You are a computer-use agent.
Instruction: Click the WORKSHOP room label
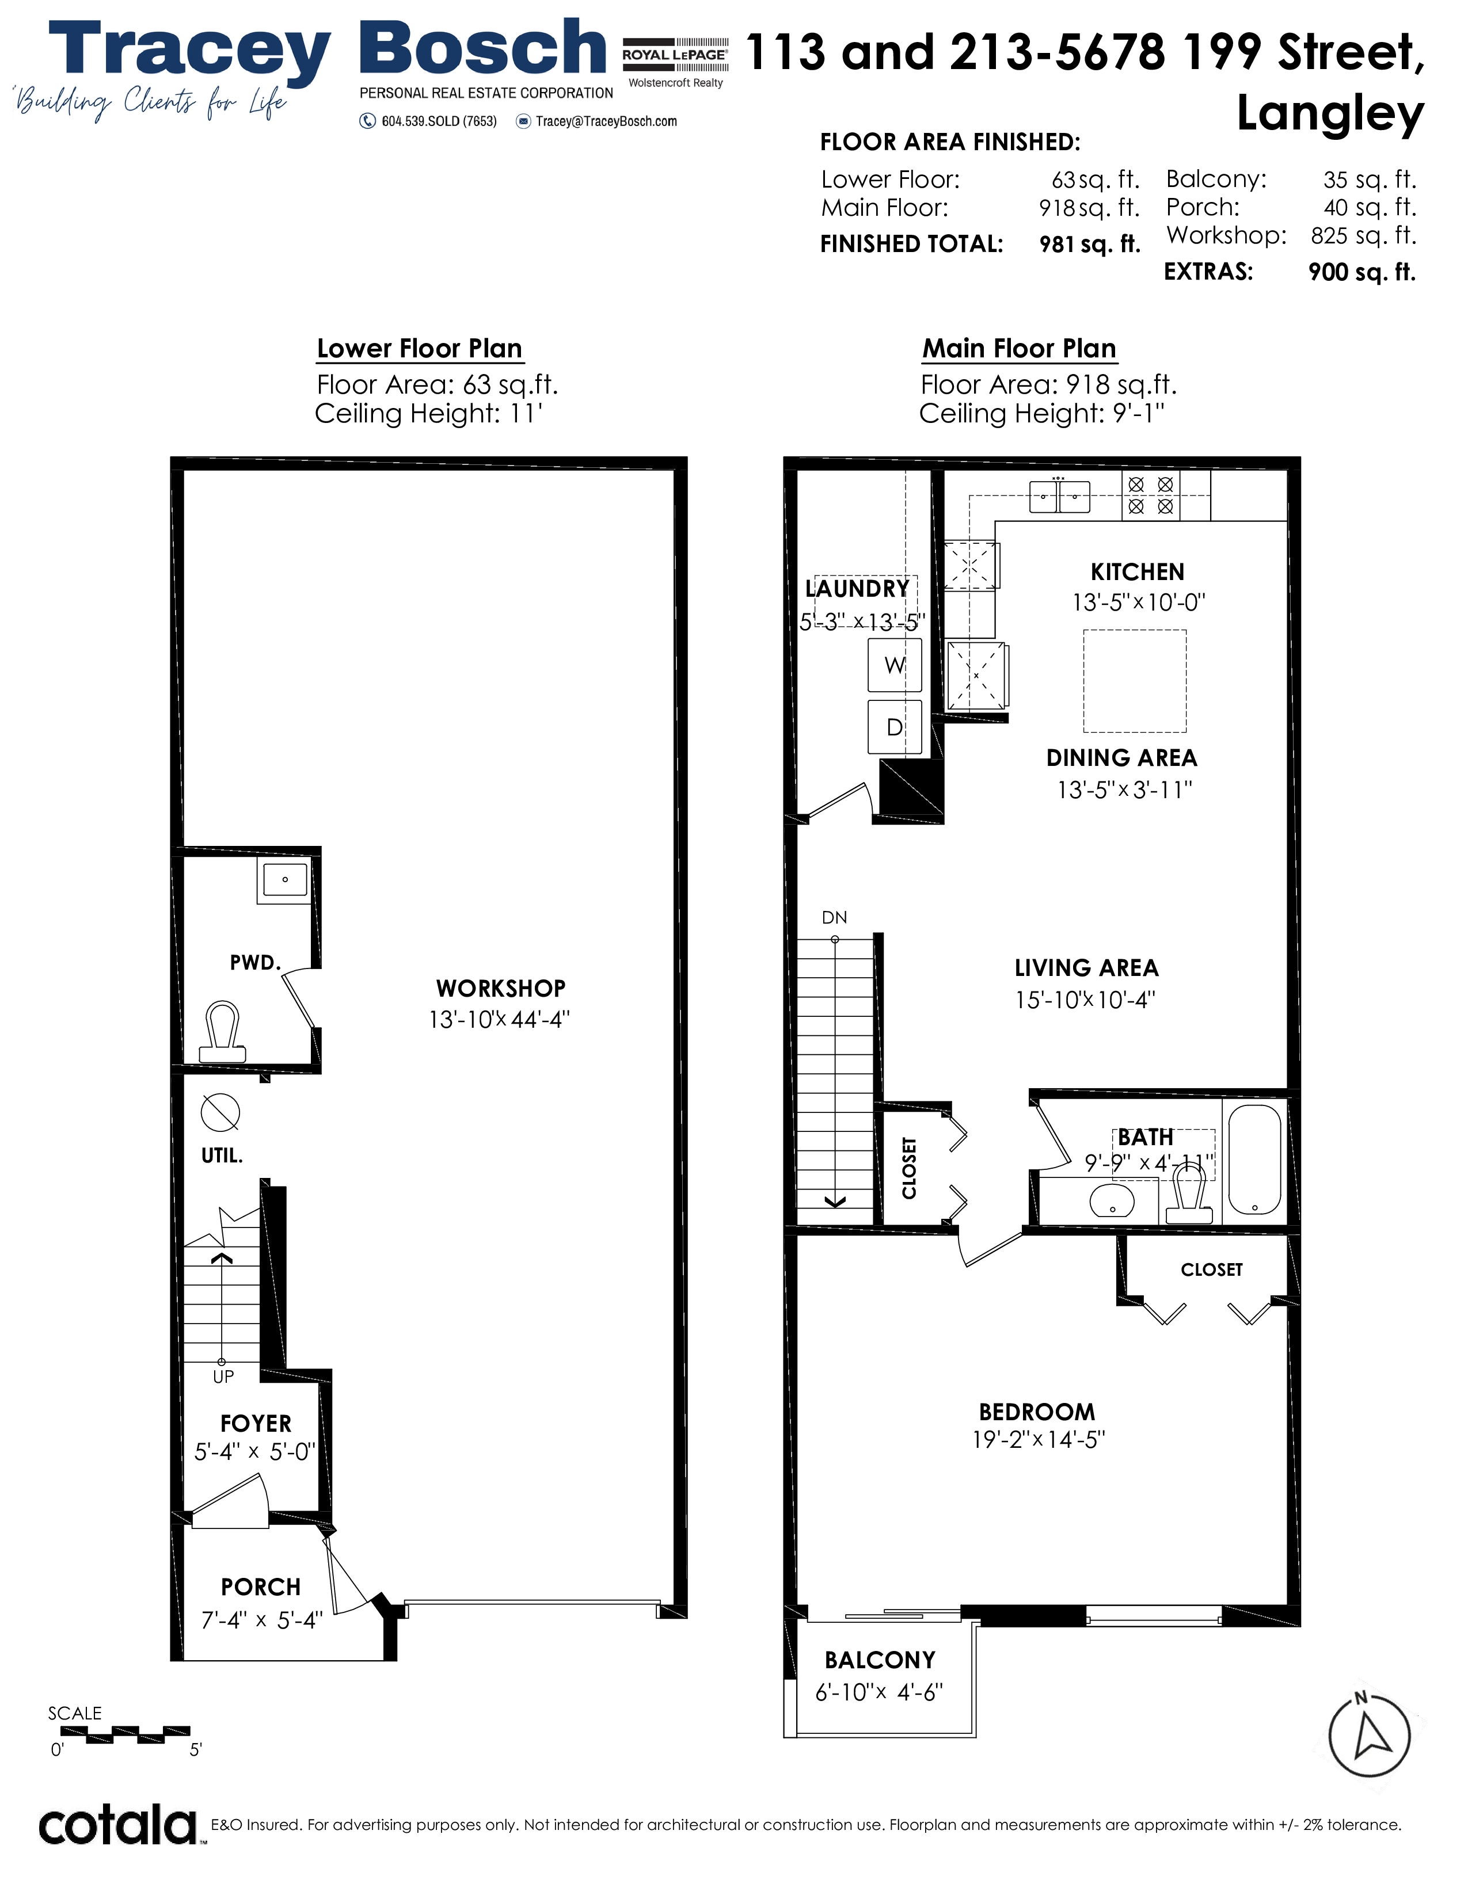tap(501, 989)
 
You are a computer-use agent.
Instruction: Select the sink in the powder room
tap(284, 880)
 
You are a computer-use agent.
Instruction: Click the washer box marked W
tap(894, 665)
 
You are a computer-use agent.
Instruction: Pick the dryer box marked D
tap(894, 727)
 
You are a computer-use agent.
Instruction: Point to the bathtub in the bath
tap(1254, 1159)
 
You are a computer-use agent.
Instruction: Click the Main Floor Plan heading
tap(1019, 349)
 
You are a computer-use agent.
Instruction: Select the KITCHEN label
tap(1138, 572)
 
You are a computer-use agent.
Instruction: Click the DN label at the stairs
tap(834, 917)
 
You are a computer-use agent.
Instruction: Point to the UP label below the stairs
tap(223, 1376)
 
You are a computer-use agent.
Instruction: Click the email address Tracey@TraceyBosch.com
tap(606, 122)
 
